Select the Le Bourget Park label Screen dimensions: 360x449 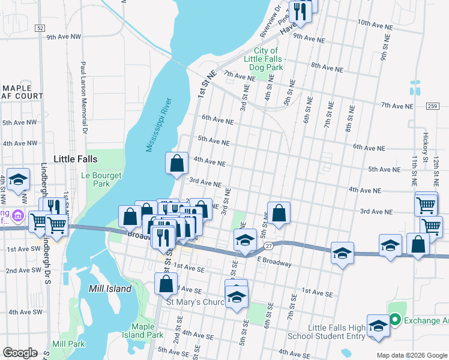point(101,179)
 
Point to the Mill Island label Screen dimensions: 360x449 point(111,289)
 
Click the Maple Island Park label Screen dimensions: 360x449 point(147,331)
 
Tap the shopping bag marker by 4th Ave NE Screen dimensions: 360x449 point(177,163)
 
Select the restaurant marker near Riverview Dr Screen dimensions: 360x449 point(299,11)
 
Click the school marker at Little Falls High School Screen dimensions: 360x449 point(378,326)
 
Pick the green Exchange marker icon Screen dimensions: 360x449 point(395,320)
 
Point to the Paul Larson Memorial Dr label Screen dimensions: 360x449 point(85,96)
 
